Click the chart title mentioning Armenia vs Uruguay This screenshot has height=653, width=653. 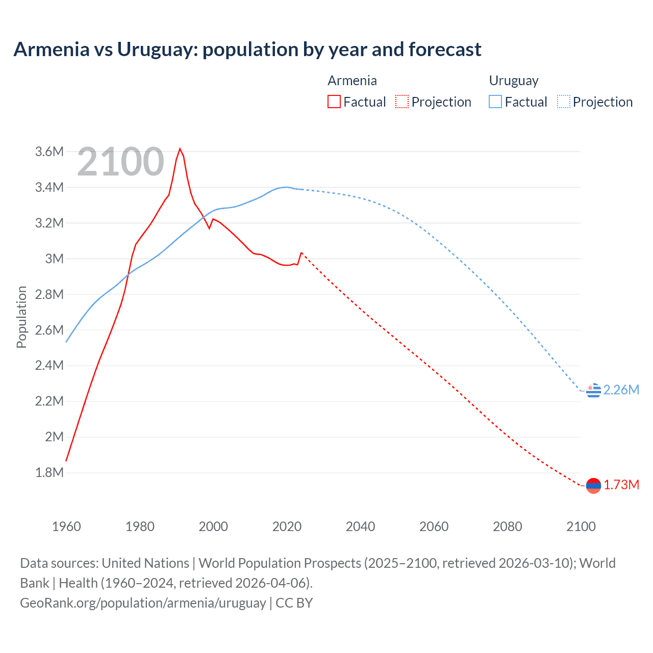tap(247, 49)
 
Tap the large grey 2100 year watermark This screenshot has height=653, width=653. tap(121, 162)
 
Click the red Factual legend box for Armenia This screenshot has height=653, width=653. tap(334, 102)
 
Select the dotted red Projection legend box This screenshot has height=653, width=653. tap(402, 102)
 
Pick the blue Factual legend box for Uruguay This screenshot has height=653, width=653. tap(495, 102)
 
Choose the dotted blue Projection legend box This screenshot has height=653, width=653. tap(564, 102)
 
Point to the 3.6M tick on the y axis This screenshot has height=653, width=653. tap(49, 152)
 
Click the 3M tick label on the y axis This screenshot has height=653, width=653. tap(55, 259)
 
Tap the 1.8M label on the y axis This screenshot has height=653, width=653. tap(49, 472)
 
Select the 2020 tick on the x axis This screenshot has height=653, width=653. tap(287, 526)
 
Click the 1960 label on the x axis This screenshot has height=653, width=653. tap(66, 526)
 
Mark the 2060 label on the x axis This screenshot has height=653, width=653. tap(434, 526)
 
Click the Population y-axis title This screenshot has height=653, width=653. tap(21, 317)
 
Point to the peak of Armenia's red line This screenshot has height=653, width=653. tap(180, 149)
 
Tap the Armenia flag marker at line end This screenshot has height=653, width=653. tap(593, 486)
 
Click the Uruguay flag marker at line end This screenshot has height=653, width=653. tap(593, 391)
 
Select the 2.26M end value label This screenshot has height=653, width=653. tap(621, 390)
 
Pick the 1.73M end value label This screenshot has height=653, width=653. tap(621, 485)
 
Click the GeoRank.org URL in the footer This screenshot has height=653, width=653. tap(143, 603)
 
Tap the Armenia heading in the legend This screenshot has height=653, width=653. tap(352, 81)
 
